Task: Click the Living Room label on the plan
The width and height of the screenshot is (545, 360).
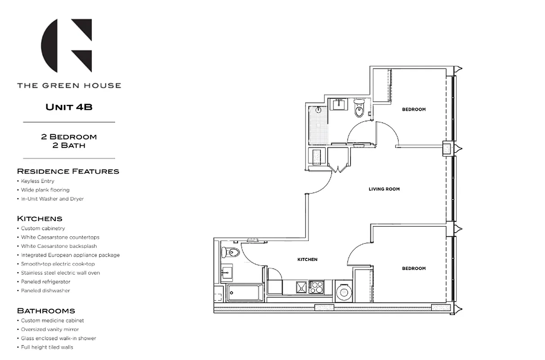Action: tap(384, 189)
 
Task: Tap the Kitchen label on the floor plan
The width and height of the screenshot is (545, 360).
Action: tap(307, 260)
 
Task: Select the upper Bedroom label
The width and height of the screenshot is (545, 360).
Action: tap(414, 109)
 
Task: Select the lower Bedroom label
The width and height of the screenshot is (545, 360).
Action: tap(414, 269)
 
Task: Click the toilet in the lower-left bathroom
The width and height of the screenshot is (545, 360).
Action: tap(229, 252)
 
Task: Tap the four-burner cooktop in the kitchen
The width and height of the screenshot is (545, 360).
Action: tap(316, 287)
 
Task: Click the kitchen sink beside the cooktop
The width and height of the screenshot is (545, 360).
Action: tap(301, 287)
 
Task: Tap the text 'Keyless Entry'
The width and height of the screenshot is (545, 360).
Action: tap(37, 181)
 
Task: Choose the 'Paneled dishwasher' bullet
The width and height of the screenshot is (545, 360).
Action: tap(45, 291)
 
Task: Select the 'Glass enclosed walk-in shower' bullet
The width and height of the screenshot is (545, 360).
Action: tap(58, 338)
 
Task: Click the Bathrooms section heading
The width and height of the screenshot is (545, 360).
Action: tap(46, 311)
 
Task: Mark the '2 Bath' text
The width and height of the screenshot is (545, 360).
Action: tap(69, 145)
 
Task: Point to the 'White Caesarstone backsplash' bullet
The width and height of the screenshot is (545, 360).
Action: tap(59, 246)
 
